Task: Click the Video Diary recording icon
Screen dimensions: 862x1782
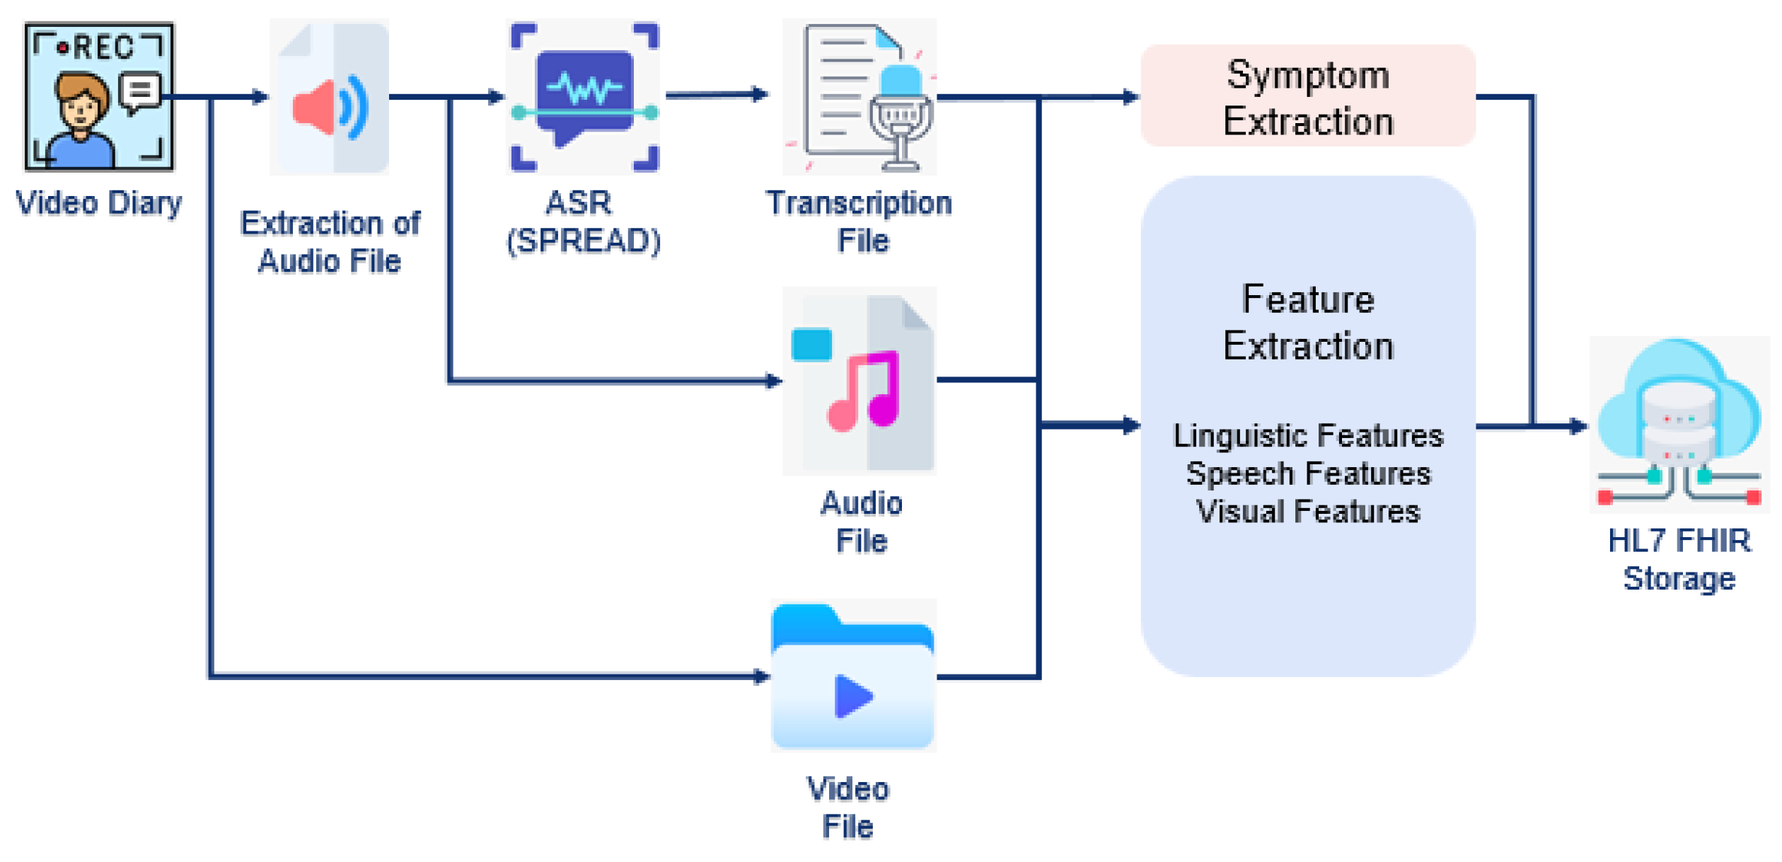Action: coord(99,97)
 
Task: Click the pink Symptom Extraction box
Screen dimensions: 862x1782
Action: coord(1307,97)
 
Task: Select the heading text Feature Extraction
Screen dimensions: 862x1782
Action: coord(1307,322)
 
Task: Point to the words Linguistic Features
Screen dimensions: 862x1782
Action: coord(1307,435)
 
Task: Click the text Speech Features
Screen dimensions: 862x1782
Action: coord(1307,473)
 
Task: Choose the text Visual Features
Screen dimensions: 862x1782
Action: coord(1307,512)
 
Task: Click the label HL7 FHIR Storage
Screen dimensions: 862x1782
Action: coord(1679,559)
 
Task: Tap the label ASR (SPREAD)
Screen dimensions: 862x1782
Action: coord(583,222)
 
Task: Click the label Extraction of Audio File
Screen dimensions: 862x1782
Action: coord(330,241)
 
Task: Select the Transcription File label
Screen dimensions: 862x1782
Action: coord(860,222)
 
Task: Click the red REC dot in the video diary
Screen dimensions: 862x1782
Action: coord(63,48)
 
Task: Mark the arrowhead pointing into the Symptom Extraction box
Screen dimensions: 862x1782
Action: coord(1130,97)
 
